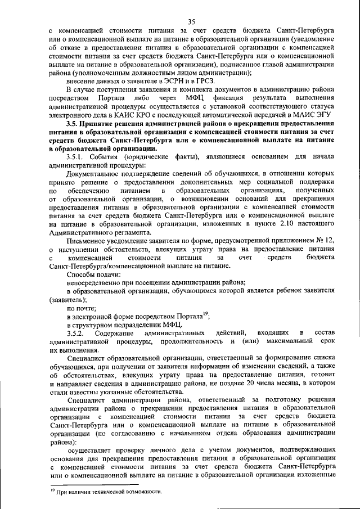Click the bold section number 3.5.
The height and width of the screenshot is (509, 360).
72,123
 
